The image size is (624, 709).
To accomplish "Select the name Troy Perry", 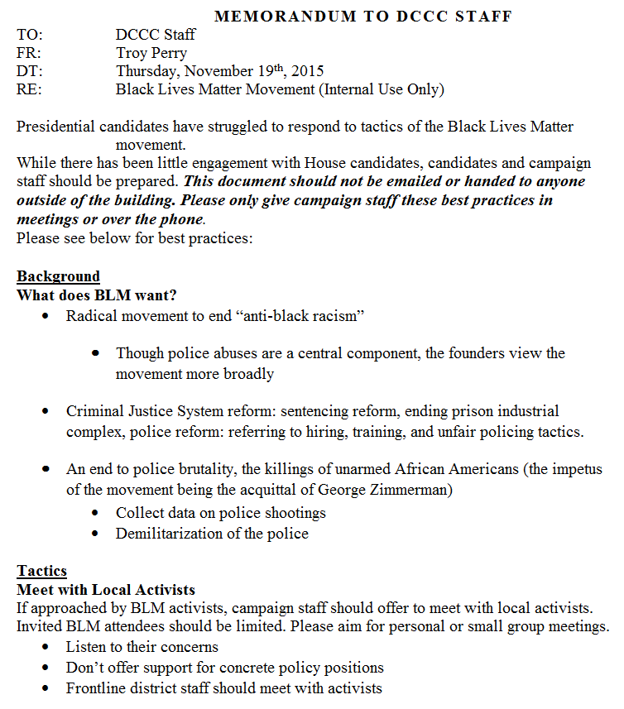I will pyautogui.click(x=151, y=53).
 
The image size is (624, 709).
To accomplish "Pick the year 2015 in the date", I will pyautogui.click(x=308, y=71).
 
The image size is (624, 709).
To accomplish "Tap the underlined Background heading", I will pyautogui.click(x=58, y=276).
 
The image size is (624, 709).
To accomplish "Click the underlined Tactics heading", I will pyautogui.click(x=41, y=571).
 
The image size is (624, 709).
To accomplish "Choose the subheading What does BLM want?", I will pyautogui.click(x=97, y=295).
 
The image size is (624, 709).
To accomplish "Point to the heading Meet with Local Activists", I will pyautogui.click(x=106, y=590).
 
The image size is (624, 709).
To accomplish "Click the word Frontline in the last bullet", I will pyautogui.click(x=96, y=687).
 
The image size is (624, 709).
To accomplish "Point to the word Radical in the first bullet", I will pyautogui.click(x=92, y=316).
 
